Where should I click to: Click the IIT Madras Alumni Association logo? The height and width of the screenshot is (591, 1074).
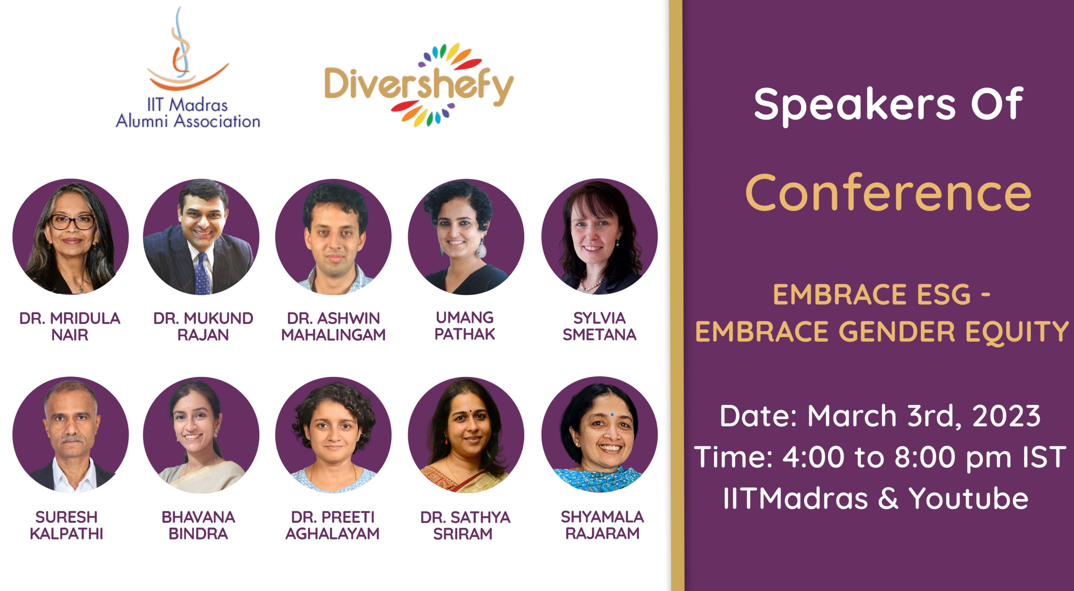pos(188,67)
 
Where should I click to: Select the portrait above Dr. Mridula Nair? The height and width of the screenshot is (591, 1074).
pos(70,237)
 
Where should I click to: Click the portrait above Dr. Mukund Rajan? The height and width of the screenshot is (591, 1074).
pos(201,237)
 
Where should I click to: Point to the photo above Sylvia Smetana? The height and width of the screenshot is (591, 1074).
pos(600,237)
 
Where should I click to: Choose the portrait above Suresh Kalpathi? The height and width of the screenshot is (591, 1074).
pos(70,435)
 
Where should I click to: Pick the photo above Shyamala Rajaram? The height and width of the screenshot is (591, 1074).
pos(600,435)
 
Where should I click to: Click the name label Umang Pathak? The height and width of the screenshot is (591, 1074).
pos(465,326)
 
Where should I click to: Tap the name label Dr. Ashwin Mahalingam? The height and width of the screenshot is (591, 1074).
pos(334,327)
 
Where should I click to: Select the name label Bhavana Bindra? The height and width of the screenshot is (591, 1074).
pos(198,525)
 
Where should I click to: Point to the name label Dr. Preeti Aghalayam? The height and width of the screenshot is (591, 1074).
pos(333,525)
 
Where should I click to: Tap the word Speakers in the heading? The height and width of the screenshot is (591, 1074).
pos(855,105)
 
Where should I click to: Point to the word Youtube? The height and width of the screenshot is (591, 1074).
pos(969,498)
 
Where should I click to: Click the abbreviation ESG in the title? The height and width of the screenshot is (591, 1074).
pos(944,294)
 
